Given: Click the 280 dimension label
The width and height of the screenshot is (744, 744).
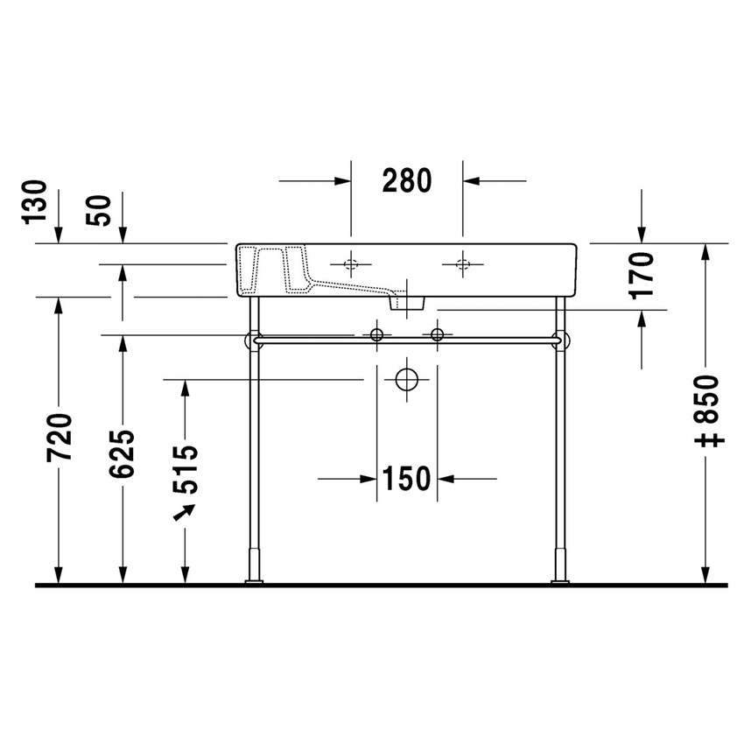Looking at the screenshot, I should coord(407,180).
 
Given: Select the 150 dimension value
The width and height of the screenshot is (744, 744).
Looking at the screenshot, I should coord(407,479).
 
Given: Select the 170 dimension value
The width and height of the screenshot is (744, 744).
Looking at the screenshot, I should coord(643,275).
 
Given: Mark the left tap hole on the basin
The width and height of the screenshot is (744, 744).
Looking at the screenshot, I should coord(351,263).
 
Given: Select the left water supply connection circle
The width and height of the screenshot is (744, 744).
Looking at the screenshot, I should coord(377,334).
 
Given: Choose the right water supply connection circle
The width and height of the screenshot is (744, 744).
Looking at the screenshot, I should coord(438,334).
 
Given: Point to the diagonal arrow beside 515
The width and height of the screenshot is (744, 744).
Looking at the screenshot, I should coord(184,512).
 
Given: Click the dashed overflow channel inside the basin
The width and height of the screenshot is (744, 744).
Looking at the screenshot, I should coord(271,267).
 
